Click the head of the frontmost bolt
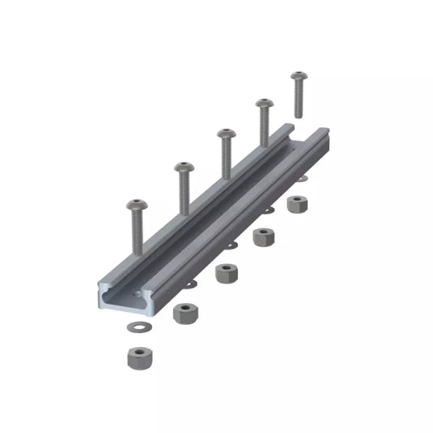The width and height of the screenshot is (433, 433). tap(136, 204)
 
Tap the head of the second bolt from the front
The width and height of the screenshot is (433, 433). tap(184, 167)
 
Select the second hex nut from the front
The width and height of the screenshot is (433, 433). tap(186, 312)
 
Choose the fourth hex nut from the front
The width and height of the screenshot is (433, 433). tap(262, 237)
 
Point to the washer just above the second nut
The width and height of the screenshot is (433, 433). tap(191, 284)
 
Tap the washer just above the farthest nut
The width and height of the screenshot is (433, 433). tap(302, 179)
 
